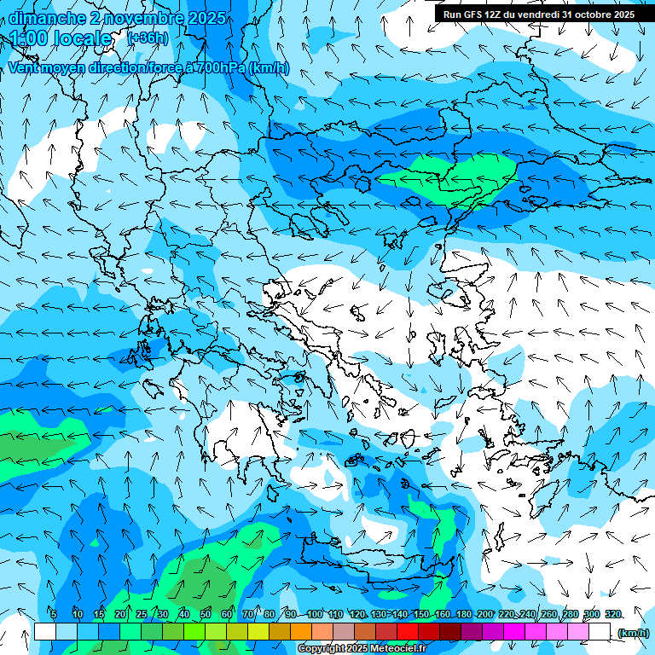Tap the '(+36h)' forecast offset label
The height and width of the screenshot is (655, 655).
(148, 38)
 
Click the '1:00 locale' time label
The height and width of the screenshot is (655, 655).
(61, 38)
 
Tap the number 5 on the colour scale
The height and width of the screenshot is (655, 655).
(54, 614)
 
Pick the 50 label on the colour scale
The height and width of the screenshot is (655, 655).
(206, 614)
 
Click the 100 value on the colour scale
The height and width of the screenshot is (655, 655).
(315, 614)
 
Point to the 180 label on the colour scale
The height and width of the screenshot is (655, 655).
(463, 614)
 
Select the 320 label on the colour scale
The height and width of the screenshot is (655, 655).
(613, 614)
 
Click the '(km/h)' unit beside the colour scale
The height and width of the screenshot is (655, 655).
(633, 633)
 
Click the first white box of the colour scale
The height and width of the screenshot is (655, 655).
(45, 631)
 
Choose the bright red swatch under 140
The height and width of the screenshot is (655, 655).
(408, 631)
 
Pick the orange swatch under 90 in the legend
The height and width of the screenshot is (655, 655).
(301, 631)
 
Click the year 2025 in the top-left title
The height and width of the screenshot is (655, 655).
(207, 18)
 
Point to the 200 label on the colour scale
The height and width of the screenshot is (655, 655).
(484, 614)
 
